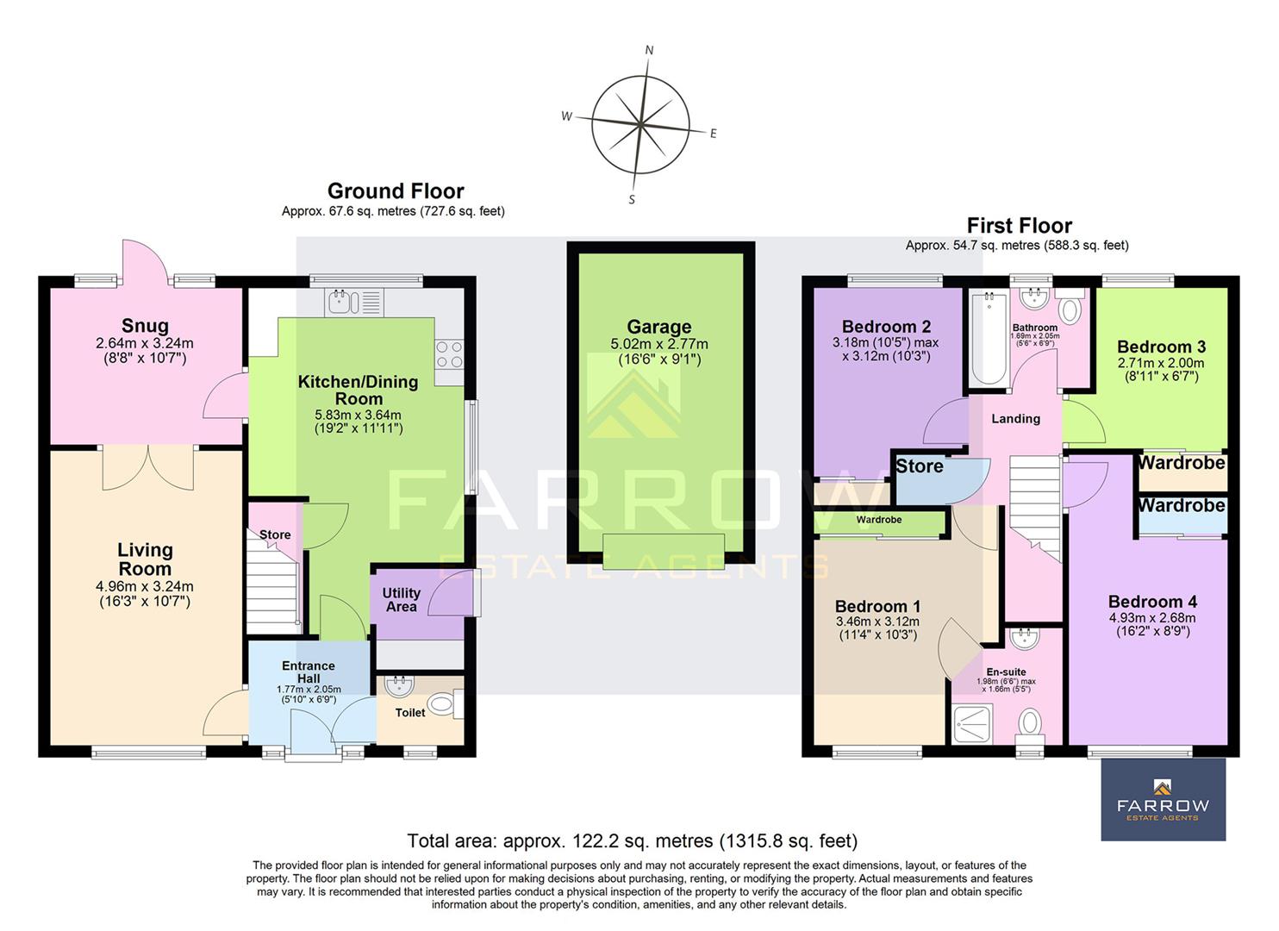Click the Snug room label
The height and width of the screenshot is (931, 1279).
click(145, 326)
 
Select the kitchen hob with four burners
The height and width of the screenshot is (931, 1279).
click(449, 355)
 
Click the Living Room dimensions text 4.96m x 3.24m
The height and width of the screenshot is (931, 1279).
click(145, 587)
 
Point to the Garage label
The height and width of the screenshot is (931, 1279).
click(658, 327)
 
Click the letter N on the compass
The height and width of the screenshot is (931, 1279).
click(649, 50)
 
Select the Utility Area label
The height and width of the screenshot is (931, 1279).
click(401, 599)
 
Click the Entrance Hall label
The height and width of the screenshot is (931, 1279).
click(309, 672)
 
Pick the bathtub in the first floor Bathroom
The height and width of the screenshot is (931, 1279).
click(989, 339)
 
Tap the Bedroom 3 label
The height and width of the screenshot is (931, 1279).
click(1161, 347)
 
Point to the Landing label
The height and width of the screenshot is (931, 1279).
click(1015, 419)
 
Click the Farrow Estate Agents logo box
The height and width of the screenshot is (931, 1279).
click(1163, 800)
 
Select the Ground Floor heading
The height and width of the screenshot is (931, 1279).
click(396, 191)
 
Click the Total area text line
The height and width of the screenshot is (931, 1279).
click(632, 840)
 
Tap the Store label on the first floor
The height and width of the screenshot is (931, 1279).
click(920, 466)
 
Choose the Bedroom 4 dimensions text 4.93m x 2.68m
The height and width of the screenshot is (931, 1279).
click(1151, 617)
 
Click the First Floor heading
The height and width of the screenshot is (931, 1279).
click(1019, 226)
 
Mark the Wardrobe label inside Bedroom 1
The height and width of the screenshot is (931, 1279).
click(879, 520)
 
